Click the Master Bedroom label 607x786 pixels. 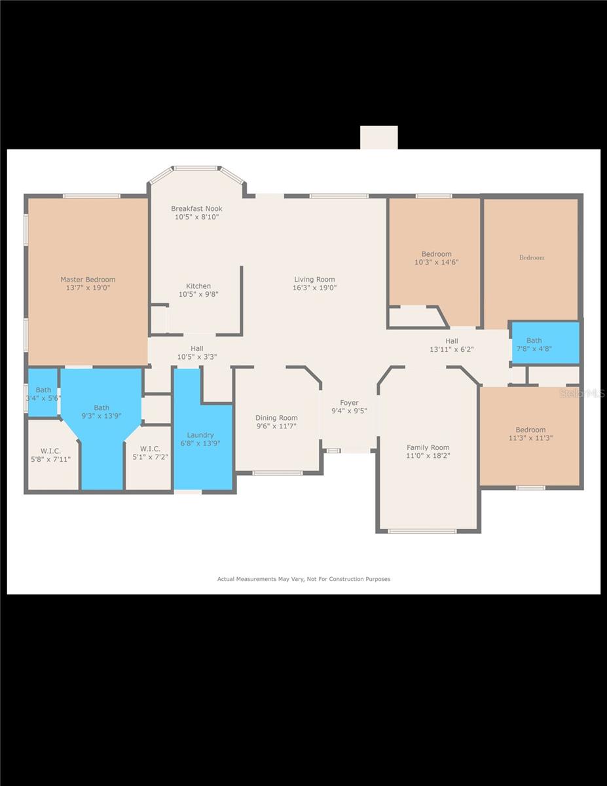[88, 280]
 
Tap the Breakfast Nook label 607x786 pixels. [196, 209]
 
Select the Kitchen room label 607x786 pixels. [198, 286]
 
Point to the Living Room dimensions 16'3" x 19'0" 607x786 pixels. [314, 288]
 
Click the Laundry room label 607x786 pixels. [200, 435]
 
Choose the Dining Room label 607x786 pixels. [276, 418]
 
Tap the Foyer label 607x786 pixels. [349, 403]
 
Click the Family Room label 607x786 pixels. [428, 448]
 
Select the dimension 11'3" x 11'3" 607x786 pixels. [530, 438]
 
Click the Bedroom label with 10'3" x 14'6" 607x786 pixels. [436, 254]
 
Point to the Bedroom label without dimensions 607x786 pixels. [532, 257]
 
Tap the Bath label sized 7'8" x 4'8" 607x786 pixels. [534, 341]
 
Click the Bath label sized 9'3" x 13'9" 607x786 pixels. [101, 408]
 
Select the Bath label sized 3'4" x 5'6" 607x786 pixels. [43, 390]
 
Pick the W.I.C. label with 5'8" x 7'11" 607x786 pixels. [50, 451]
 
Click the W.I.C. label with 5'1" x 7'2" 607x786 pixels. [150, 449]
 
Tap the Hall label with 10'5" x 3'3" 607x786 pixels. [197, 348]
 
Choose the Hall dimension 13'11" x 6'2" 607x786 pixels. [452, 350]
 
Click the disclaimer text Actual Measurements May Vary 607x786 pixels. [303, 579]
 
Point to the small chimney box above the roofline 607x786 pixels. [378, 138]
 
